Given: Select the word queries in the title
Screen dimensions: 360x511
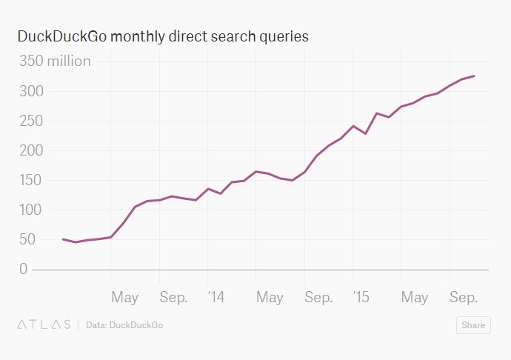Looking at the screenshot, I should [281, 36].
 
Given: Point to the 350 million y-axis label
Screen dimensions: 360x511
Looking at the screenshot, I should [55, 61].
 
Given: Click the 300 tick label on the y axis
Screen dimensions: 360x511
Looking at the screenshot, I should [33, 91].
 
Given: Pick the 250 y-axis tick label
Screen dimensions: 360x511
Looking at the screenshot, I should [33, 121].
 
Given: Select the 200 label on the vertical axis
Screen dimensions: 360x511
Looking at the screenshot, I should [33, 150].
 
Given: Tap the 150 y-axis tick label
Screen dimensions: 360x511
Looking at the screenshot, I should [33, 180].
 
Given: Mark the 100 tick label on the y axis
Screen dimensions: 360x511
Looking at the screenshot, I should [33, 210].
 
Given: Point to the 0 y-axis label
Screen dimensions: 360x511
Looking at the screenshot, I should [24, 269].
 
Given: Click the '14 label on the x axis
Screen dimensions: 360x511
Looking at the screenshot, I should [216, 298].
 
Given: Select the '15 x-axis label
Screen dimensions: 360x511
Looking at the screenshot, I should [361, 298].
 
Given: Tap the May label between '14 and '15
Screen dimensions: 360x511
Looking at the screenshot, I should [270, 298].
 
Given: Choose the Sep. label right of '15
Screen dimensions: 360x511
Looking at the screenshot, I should [463, 298].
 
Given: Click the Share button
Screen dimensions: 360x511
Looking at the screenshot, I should [473, 325].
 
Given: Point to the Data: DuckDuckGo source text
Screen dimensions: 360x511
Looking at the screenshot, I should [124, 324].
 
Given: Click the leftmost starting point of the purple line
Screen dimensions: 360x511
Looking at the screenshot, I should [63, 239].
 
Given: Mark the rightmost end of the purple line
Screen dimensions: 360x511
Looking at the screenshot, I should [474, 76].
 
